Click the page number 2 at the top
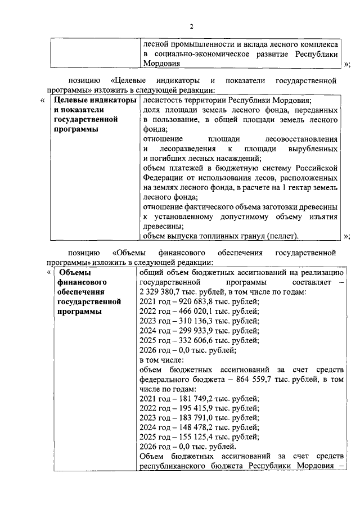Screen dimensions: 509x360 point(191,26)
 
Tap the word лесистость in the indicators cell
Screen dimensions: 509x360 point(163,100)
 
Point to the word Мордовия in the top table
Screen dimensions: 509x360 point(163,64)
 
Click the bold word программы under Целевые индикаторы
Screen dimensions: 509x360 point(74,129)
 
